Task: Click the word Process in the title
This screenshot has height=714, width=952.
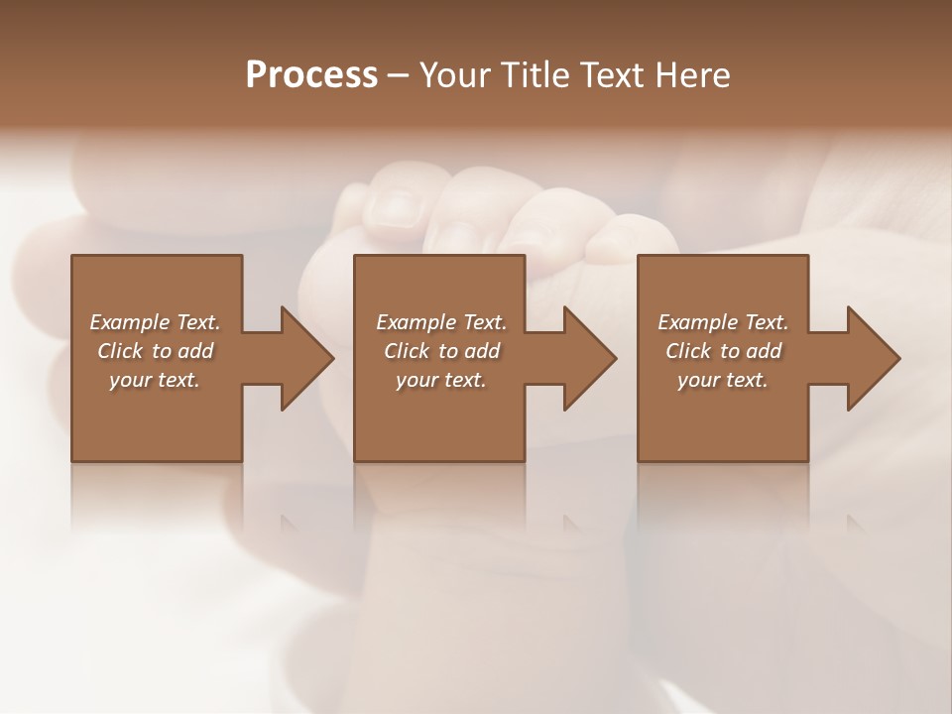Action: pyautogui.click(x=311, y=75)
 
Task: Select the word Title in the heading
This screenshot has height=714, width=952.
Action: pyautogui.click(x=533, y=75)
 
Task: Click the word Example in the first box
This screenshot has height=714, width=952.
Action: pyautogui.click(x=130, y=322)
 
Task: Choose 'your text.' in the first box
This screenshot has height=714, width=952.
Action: pyautogui.click(x=155, y=380)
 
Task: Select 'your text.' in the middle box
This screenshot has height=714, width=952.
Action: pyautogui.click(x=441, y=380)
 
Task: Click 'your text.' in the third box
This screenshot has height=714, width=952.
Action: pyautogui.click(x=723, y=380)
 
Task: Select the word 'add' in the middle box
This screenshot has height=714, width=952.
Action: pyautogui.click(x=481, y=351)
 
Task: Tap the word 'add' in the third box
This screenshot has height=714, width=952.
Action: pyautogui.click(x=763, y=351)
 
